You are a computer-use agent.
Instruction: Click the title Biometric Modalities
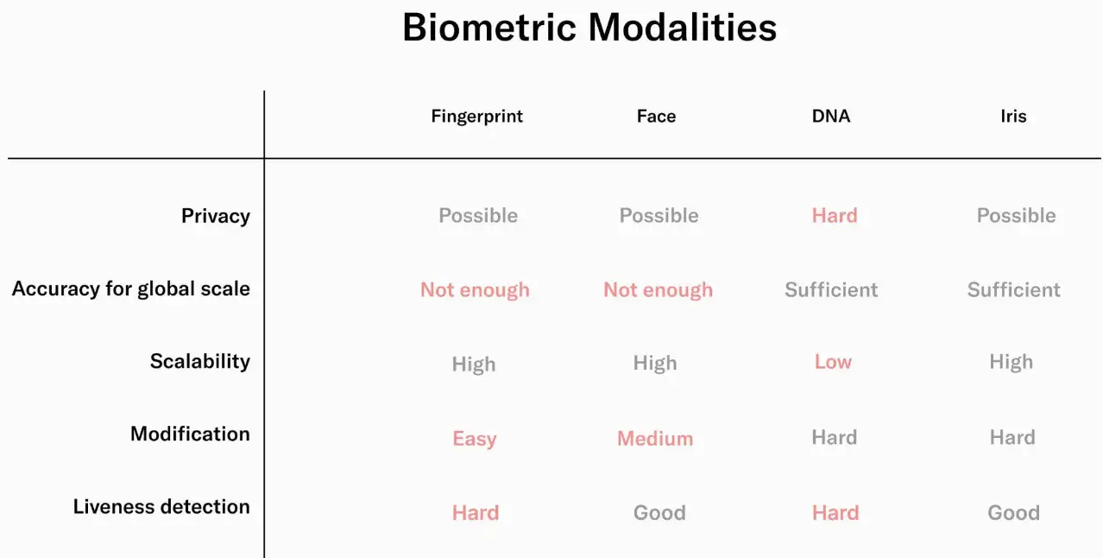click(589, 27)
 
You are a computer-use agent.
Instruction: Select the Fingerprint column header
click(476, 117)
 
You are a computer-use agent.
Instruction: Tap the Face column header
click(656, 117)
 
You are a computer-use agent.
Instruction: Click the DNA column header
click(830, 117)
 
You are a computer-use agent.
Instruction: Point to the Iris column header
click(1013, 117)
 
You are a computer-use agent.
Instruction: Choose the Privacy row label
click(216, 216)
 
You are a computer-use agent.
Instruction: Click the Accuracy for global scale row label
click(131, 289)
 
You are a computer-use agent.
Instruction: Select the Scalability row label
click(200, 361)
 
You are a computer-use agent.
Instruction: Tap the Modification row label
click(190, 434)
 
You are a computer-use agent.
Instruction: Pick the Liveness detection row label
click(161, 506)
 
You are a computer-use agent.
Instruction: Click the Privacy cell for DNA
click(835, 215)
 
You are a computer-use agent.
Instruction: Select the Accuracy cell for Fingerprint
click(475, 290)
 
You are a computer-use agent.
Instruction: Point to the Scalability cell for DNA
click(833, 362)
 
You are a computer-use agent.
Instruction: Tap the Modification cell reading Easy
click(474, 439)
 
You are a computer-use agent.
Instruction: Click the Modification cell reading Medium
click(655, 438)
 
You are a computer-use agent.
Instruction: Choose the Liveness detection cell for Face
click(659, 512)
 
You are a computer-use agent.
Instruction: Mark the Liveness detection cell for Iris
click(1013, 512)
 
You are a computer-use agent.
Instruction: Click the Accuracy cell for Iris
click(1013, 290)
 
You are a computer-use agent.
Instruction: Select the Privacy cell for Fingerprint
click(478, 215)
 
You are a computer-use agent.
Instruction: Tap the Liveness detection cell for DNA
click(835, 512)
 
